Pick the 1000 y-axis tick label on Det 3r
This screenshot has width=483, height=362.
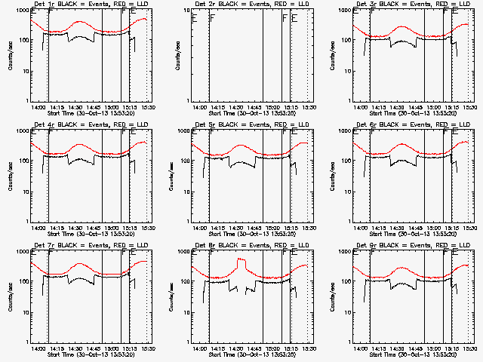point(343,11)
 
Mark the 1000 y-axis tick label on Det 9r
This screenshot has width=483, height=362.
point(343,253)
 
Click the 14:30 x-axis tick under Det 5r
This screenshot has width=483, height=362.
point(238,228)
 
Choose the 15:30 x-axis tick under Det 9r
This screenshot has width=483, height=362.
point(471,348)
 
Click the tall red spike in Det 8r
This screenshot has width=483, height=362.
point(241,262)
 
